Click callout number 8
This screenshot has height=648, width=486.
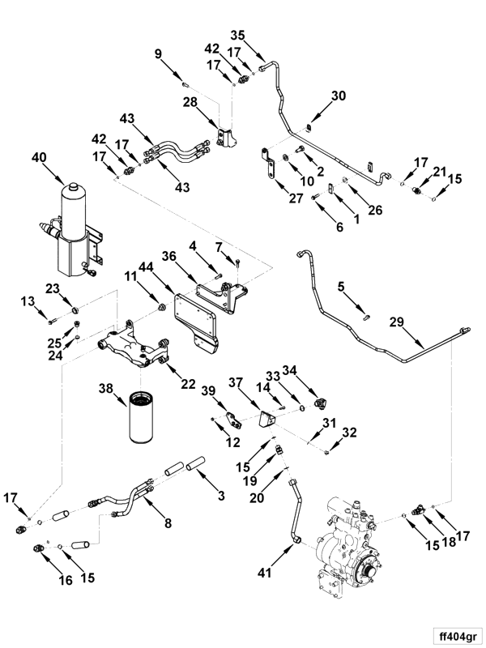point(168,523)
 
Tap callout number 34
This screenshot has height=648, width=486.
point(290,370)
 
